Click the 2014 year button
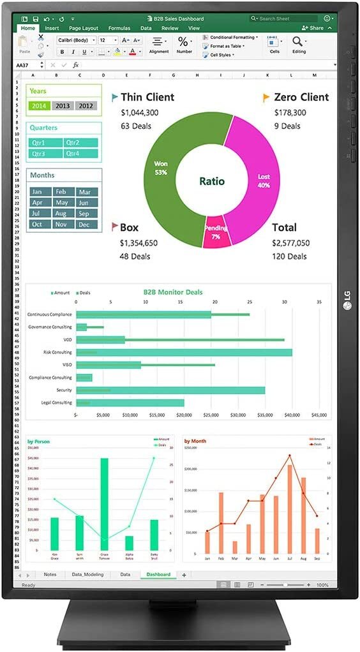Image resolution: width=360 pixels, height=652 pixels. tap(39, 106)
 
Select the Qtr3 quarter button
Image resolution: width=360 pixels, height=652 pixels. tap(45, 154)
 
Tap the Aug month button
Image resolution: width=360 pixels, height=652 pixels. tap(61, 213)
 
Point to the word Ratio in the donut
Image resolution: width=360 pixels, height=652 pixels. tap(211, 181)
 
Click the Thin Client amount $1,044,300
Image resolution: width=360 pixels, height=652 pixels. tap(140, 112)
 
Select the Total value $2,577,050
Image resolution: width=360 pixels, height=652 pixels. tap(290, 242)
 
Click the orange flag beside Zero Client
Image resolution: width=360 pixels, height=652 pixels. tap(266, 98)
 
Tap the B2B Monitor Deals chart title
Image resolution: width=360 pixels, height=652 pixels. tap(172, 292)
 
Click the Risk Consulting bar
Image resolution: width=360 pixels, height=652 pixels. tap(184, 352)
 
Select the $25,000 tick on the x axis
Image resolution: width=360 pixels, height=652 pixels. tap(211, 415)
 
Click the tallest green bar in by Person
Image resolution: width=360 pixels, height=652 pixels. tap(104, 504)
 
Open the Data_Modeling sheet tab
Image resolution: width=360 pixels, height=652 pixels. tap(87, 574)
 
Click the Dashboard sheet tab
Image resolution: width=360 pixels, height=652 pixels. tap(158, 574)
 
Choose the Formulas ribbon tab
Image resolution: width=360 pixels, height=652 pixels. tap(119, 29)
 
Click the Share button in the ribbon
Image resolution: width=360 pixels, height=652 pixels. tap(315, 29)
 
